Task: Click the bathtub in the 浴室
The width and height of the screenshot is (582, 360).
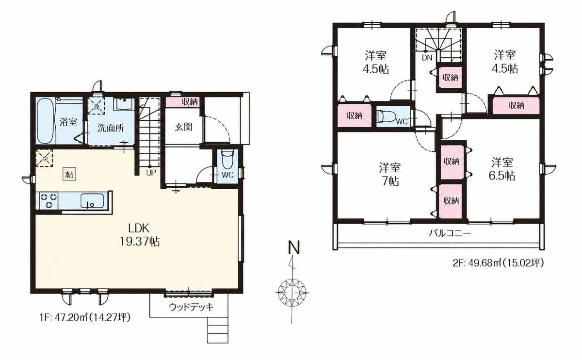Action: (46, 121)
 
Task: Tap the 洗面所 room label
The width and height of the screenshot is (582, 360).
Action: (111, 128)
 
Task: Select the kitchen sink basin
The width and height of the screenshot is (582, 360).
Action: (92, 200)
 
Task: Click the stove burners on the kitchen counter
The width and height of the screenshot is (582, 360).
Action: (48, 200)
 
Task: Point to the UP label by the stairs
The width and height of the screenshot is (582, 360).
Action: (151, 173)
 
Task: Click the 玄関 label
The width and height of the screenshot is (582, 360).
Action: (183, 127)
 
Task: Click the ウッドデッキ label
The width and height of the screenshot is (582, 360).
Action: (191, 307)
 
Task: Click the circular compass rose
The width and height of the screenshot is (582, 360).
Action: (292, 292)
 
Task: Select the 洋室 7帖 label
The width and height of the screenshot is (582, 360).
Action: (389, 174)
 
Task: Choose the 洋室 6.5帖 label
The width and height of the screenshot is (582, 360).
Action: (502, 169)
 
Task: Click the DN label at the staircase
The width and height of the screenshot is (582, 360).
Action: (427, 58)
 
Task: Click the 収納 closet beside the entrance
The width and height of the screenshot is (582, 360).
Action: (182, 102)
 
